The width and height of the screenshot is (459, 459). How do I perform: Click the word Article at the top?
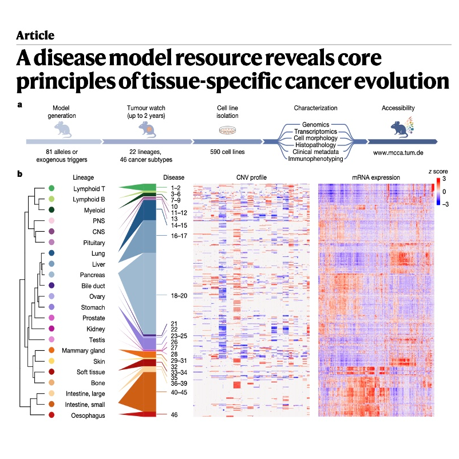click(x=35, y=35)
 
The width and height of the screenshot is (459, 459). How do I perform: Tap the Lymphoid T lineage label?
click(x=89, y=188)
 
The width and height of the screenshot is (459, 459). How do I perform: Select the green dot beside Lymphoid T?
click(x=52, y=188)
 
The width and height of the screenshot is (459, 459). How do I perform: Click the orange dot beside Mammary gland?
click(x=52, y=350)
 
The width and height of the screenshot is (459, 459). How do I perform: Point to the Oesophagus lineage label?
click(x=89, y=416)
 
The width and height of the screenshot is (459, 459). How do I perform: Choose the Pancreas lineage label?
click(x=89, y=275)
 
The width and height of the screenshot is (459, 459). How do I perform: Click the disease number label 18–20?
click(x=180, y=295)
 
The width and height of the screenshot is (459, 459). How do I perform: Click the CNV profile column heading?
click(x=251, y=177)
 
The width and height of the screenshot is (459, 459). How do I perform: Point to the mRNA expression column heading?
click(x=374, y=177)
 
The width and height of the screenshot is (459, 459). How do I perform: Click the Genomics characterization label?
click(x=316, y=124)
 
